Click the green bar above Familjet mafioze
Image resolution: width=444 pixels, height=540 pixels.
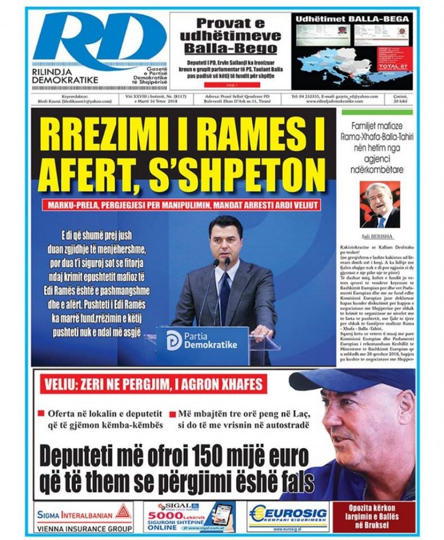click(x=379, y=112)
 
